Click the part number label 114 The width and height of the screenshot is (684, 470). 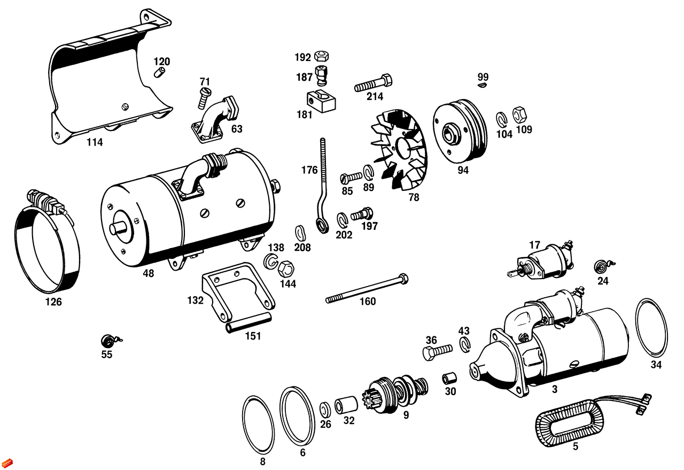[x=95, y=142]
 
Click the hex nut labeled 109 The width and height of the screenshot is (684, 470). [x=519, y=114]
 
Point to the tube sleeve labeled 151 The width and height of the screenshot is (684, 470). [x=249, y=324]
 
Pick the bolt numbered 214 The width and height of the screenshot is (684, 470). [x=373, y=83]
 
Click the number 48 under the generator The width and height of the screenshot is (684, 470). [x=148, y=273]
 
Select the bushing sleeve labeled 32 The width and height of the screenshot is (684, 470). [x=345, y=405]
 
